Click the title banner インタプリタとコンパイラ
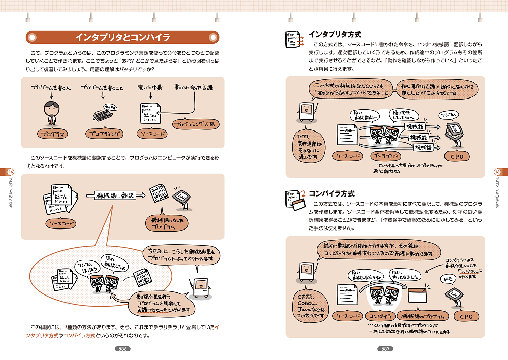[122, 38]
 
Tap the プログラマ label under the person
[53, 134]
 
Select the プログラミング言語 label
[194, 124]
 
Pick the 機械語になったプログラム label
[167, 223]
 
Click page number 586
[122, 349]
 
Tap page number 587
[385, 349]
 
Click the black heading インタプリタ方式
[335, 35]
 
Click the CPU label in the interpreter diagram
[457, 156]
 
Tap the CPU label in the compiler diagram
[466, 316]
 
